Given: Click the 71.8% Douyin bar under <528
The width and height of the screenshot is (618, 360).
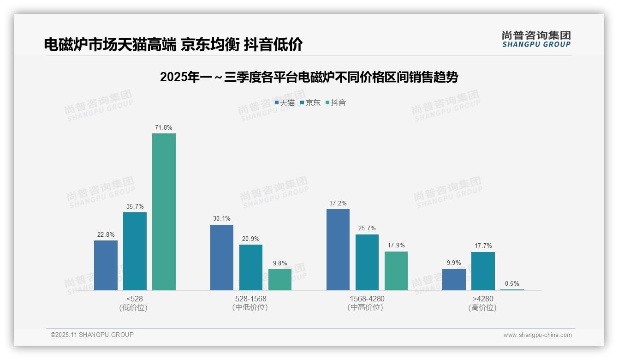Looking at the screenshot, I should click(164, 212).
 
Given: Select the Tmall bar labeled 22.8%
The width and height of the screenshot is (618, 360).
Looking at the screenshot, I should click(106, 265).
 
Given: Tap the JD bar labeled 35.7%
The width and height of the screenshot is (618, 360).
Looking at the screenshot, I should click(135, 251).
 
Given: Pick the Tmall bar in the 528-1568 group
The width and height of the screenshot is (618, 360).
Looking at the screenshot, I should click(222, 258).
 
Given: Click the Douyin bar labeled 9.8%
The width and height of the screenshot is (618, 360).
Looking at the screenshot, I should click(280, 280).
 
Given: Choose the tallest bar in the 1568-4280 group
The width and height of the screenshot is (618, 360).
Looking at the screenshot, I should click(338, 250).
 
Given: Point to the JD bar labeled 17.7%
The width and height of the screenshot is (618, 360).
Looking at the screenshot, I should click(483, 271).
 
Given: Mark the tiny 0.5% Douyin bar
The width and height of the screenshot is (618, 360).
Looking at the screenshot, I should click(512, 289).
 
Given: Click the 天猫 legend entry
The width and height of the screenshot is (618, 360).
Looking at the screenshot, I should click(285, 103).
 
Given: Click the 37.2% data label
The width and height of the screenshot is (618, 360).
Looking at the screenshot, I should click(338, 204).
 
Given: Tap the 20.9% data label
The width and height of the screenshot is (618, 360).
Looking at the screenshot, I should click(251, 239).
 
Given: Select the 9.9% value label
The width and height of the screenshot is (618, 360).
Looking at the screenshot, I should click(454, 263).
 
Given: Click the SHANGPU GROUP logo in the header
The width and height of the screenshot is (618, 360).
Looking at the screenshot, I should click(536, 39).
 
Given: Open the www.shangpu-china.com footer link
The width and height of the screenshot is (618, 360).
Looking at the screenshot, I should click(537, 335).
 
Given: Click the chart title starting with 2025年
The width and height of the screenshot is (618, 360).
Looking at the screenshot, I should click(309, 78).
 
